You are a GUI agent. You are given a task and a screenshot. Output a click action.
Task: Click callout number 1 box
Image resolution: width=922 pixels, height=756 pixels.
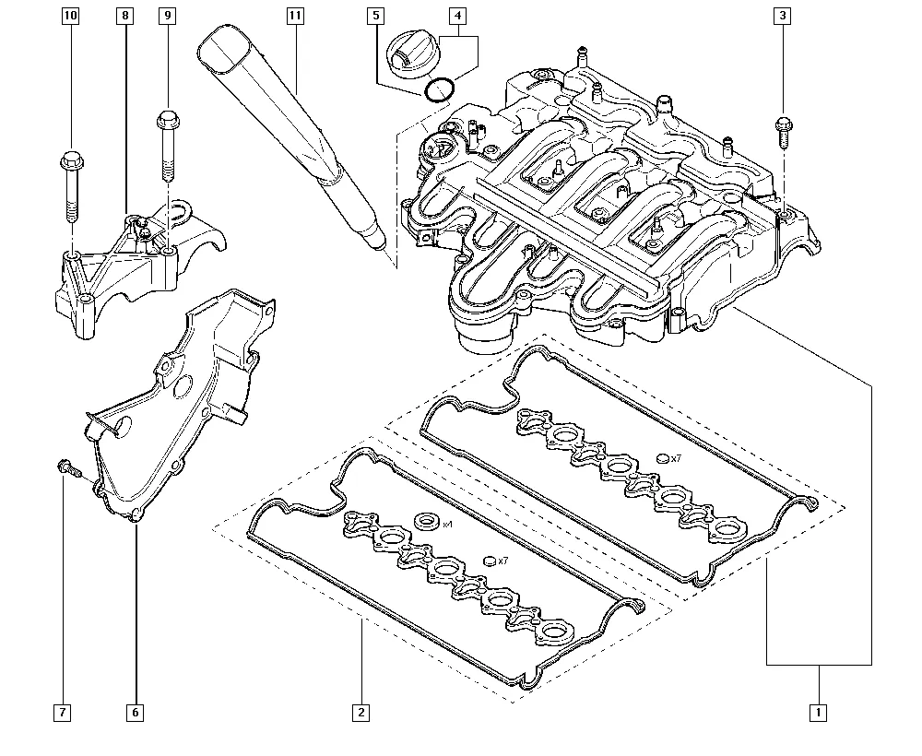[x=818, y=713]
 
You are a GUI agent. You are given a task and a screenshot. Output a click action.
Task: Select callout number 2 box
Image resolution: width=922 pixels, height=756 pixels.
[x=361, y=713]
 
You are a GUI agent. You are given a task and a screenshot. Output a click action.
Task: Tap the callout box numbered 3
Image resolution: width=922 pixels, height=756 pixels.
[x=782, y=16]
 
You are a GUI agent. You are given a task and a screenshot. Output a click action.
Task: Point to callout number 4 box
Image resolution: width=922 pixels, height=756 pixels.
[x=457, y=16]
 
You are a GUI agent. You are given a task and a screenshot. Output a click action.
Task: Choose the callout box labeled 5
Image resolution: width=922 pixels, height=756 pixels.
[x=376, y=16]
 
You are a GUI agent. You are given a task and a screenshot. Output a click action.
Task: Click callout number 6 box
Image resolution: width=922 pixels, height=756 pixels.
[x=136, y=713]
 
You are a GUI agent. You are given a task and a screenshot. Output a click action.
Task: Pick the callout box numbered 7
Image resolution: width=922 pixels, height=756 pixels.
[x=63, y=713]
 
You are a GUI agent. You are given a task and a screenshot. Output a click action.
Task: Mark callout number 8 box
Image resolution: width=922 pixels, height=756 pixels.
[x=124, y=16]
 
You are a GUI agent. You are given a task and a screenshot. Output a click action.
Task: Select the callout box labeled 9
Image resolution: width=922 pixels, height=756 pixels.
[x=168, y=16]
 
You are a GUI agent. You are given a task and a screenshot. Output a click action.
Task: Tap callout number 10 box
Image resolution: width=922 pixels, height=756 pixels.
[x=71, y=16]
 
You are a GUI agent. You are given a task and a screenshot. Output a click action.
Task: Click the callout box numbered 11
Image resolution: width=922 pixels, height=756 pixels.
[x=295, y=16]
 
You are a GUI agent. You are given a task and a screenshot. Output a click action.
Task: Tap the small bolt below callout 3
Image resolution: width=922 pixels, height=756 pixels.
[x=783, y=132]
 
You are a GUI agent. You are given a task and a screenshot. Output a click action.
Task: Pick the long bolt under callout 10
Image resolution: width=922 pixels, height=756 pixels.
[x=71, y=185]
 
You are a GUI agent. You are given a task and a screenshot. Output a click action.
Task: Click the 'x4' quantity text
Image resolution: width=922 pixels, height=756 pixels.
[x=447, y=524]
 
